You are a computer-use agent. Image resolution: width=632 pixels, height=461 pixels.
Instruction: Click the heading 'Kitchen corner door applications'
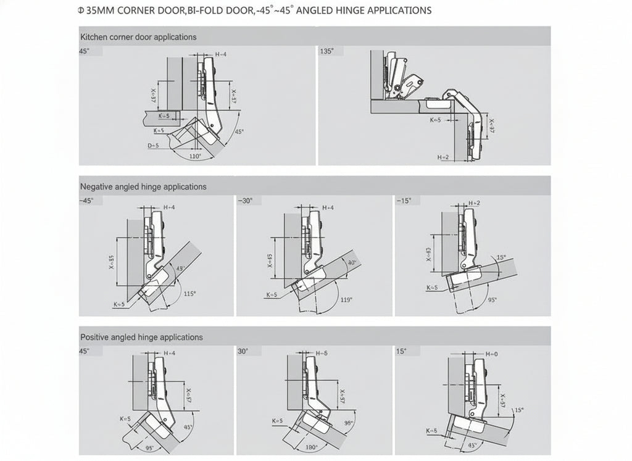[138, 37]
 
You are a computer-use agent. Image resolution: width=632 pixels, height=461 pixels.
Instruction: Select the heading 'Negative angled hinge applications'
[143, 186]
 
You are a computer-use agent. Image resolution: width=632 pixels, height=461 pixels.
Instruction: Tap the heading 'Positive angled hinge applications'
[141, 338]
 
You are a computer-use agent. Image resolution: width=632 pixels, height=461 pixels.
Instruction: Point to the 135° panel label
[326, 51]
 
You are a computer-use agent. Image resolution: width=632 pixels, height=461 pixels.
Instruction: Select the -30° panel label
[244, 201]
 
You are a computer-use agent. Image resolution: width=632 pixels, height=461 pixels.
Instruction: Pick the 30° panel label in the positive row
[243, 351]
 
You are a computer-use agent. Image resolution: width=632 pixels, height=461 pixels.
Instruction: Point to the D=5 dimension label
[153, 146]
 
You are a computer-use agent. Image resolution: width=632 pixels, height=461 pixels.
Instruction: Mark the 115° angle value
[190, 294]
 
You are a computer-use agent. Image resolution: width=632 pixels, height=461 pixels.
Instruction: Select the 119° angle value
[346, 299]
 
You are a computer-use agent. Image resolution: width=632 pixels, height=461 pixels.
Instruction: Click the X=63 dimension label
[428, 255]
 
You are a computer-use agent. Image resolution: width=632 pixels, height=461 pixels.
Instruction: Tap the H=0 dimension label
[491, 354]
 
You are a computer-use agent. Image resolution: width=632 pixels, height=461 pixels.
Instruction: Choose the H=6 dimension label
[322, 354]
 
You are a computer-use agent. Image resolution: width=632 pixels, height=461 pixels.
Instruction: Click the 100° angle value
[311, 446]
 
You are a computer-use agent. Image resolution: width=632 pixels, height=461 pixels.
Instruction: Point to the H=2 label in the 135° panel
[443, 157]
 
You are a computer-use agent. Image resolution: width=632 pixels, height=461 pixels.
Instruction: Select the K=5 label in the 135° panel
[435, 119]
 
